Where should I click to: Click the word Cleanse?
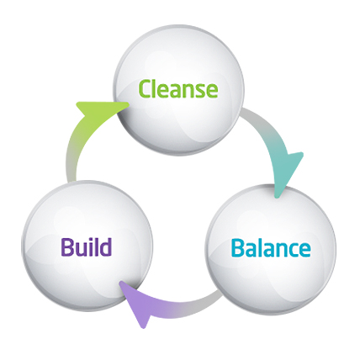coord(178,89)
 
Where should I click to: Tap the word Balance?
coord(271,248)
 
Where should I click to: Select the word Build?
coord(87,246)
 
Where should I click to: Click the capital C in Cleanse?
coord(146,89)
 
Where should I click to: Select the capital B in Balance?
coord(238,248)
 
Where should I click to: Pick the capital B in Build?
coord(67,247)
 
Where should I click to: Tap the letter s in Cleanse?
coord(199,91)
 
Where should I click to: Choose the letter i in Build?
coord(90,247)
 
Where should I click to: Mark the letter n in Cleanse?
coord(186,91)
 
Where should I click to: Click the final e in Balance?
coord(304,250)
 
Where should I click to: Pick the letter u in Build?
coord(82,250)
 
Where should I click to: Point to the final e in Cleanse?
coord(212,91)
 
